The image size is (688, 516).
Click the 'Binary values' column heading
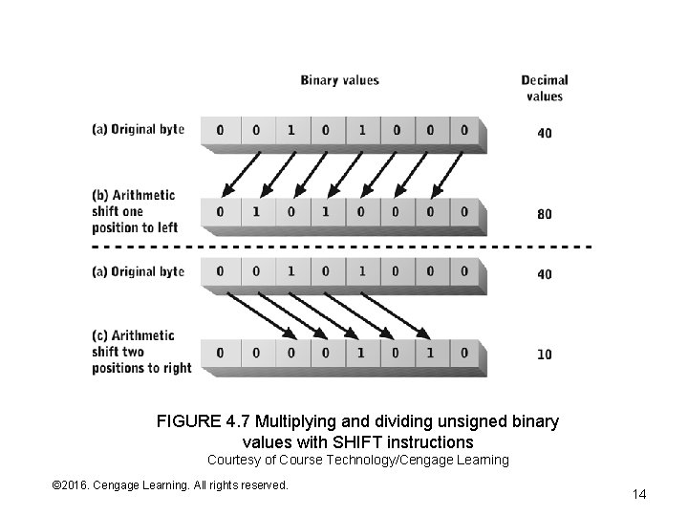pos(339,80)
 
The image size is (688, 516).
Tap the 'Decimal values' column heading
pos(545,88)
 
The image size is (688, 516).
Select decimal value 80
pos(544,214)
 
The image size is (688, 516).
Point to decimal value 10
pos(544,355)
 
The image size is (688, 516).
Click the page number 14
pos(639,494)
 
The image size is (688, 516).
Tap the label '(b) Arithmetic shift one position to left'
pos(134,211)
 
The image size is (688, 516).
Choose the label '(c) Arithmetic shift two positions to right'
pos(141,352)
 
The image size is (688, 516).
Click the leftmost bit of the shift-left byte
pos(221,212)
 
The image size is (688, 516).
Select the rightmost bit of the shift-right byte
pos(464,353)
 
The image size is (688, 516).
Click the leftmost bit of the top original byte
pos(221,130)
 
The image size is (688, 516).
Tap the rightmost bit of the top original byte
pos(464,130)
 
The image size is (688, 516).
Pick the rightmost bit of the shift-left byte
pos(464,212)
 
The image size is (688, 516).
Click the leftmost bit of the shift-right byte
pos(221,353)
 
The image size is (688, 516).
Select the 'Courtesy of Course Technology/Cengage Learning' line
pos(358,461)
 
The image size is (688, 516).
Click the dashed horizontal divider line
pos(344,247)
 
